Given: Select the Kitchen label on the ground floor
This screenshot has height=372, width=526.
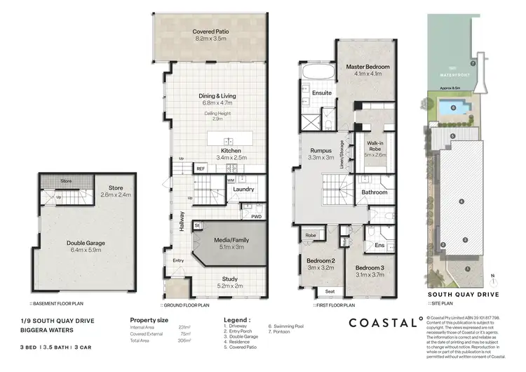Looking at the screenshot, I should pos(231,151).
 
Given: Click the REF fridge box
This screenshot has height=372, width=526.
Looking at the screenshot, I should pos(200,169).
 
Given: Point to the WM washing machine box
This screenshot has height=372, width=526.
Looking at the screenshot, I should pos(231,180).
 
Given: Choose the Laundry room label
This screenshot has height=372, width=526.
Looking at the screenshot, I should pos(243,190).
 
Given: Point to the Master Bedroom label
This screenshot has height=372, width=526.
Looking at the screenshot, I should pos(367,67).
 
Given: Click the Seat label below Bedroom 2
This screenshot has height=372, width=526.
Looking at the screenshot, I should pos(330,291).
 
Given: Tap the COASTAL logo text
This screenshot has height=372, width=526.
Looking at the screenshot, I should pos(382,323).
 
